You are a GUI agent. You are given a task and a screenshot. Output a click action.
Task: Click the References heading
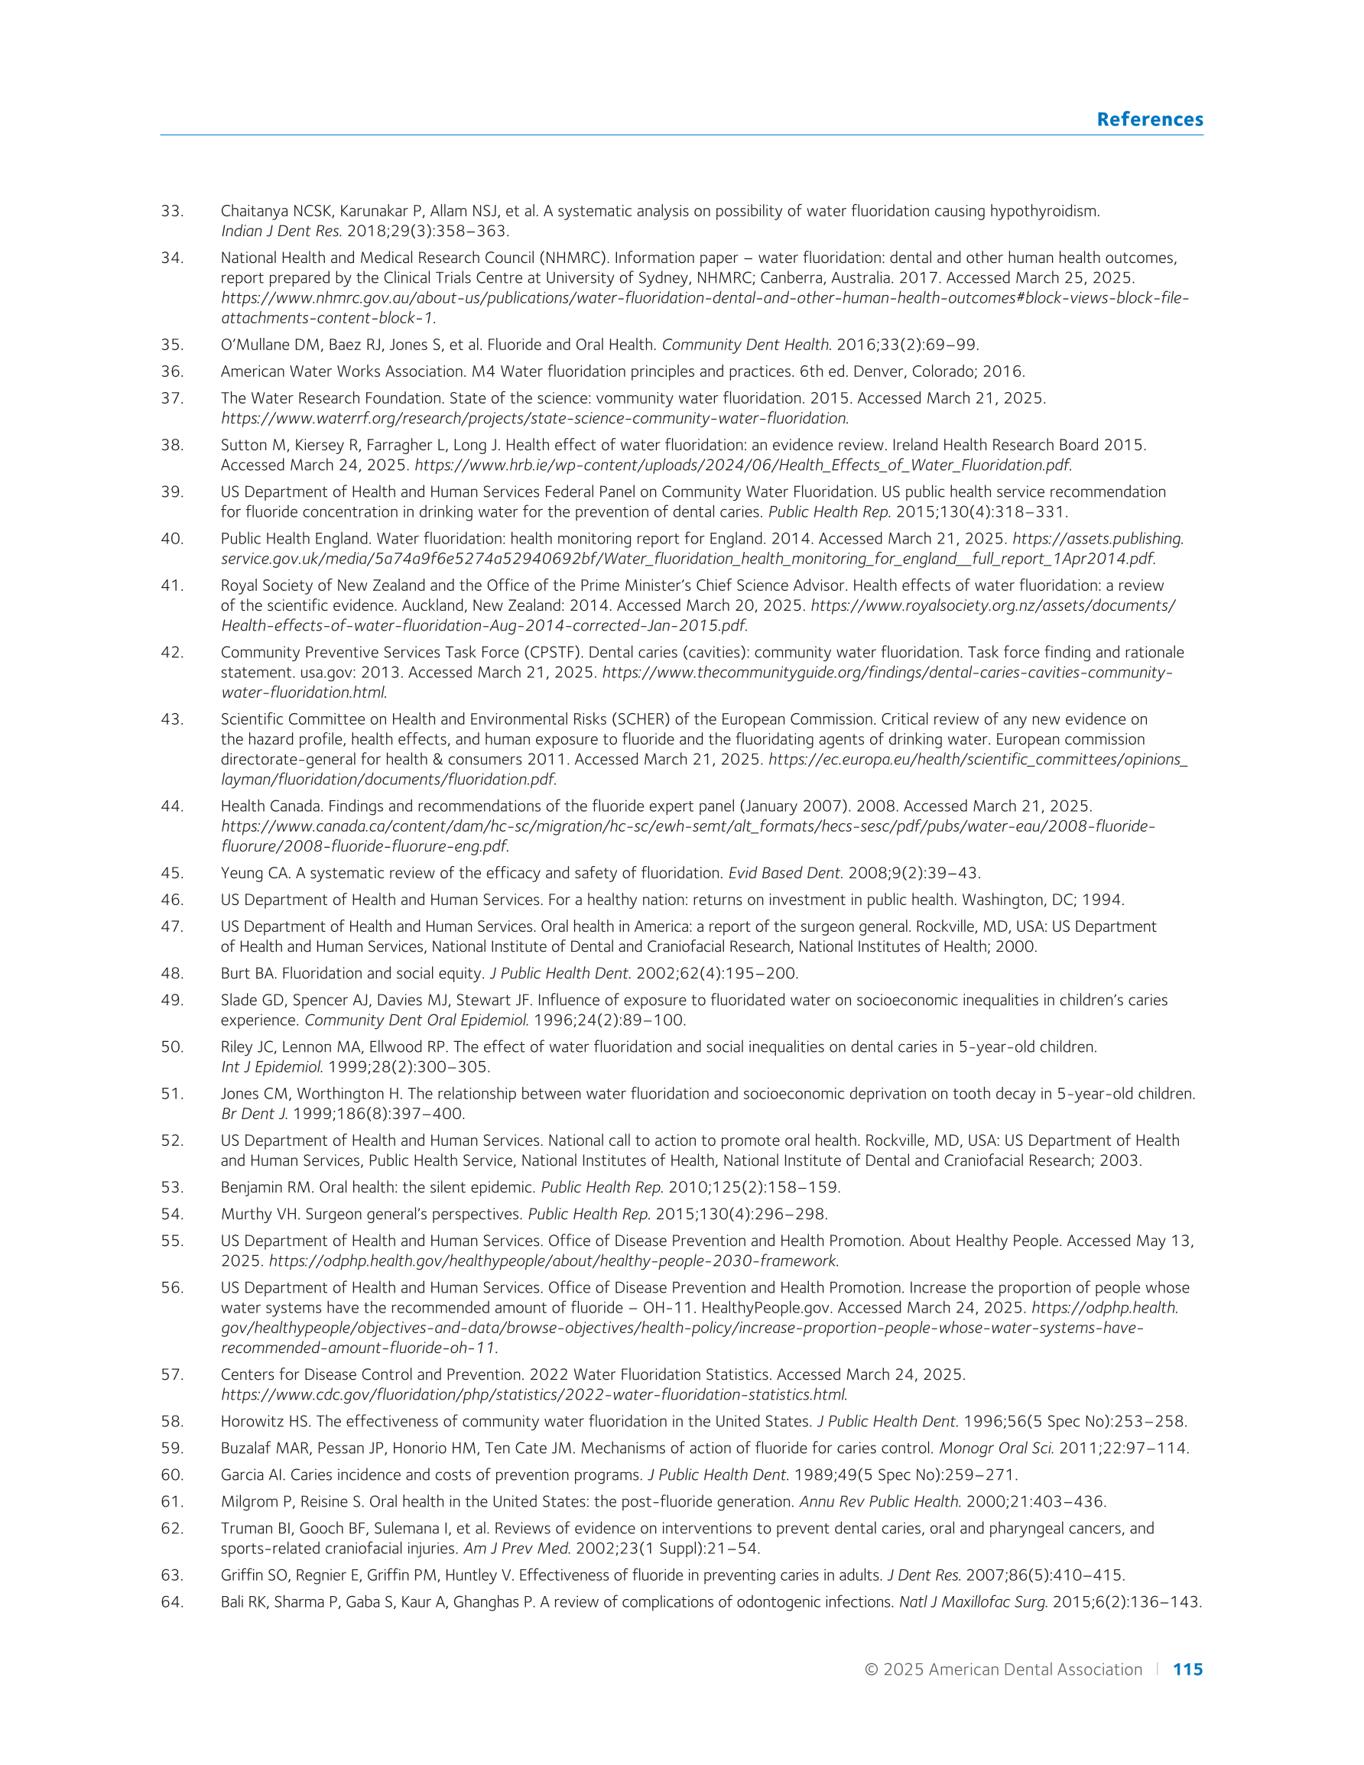coord(1149,119)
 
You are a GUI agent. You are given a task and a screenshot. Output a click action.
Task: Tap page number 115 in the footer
coord(1187,1669)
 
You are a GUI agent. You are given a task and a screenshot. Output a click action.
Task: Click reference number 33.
coord(172,212)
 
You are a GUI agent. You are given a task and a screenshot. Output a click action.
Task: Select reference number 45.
coord(172,874)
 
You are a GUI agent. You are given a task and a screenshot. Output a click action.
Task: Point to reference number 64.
coord(172,1601)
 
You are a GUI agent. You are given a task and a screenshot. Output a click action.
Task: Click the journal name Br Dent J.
coord(254,1114)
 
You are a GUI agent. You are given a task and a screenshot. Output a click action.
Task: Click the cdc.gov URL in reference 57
coord(534,1395)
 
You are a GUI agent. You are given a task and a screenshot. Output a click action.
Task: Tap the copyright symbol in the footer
coord(872,1669)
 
